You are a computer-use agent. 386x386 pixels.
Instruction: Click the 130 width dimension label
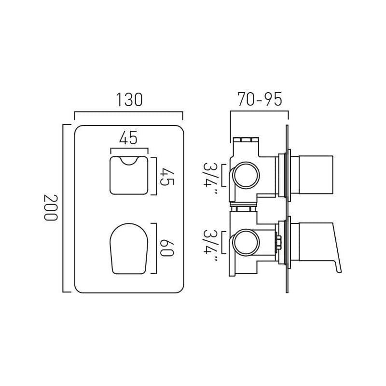129,99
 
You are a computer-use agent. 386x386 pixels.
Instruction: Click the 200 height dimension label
51,207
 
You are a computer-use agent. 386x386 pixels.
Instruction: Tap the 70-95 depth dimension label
260,99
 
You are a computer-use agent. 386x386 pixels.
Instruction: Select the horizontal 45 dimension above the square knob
128,138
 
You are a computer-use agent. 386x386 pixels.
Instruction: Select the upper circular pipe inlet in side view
246,176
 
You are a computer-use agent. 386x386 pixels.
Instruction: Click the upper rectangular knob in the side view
314,175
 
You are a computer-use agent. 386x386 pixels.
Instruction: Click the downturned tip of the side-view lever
339,269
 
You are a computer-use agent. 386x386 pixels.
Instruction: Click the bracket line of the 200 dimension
63,207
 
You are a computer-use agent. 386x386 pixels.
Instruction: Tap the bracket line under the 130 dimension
128,112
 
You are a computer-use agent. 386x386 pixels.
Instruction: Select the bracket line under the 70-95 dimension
259,111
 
